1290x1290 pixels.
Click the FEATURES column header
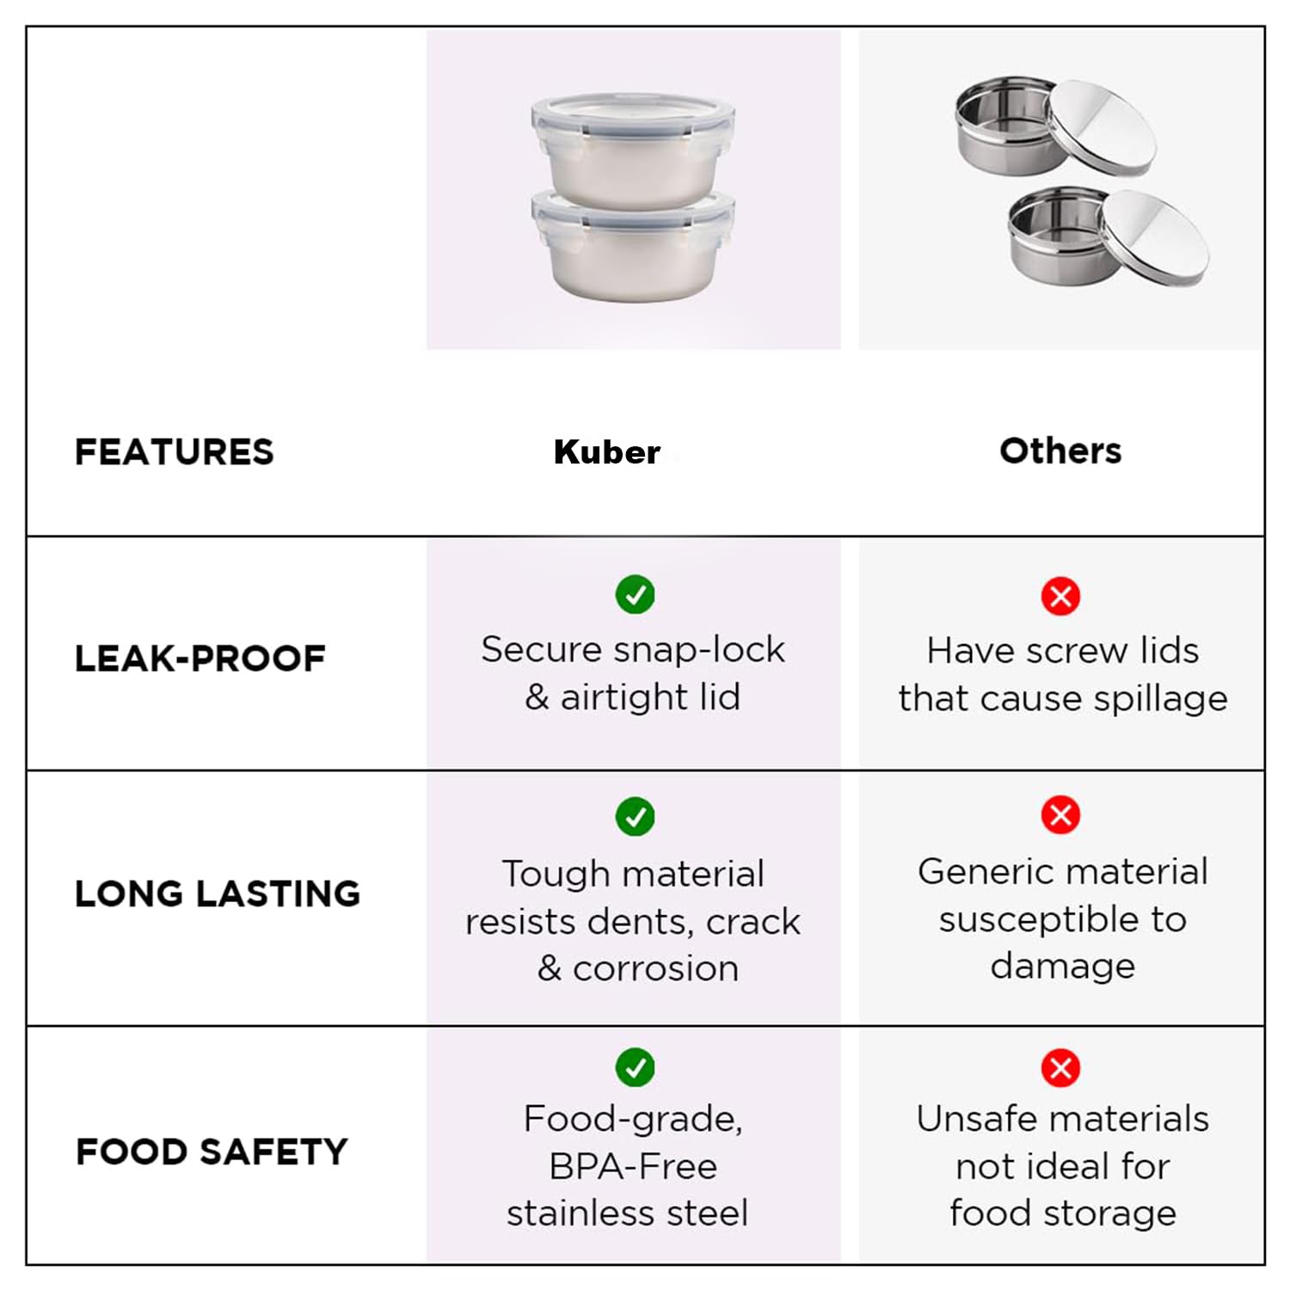[x=175, y=451]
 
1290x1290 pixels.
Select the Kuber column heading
[x=607, y=451]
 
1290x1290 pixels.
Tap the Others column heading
[x=1060, y=451]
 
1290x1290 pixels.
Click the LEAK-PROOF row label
[x=200, y=659]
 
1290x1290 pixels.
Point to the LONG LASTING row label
[x=218, y=894]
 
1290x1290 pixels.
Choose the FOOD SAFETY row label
[x=212, y=1152]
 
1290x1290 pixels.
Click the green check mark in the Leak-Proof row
[x=636, y=594]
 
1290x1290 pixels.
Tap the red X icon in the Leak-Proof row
[x=1061, y=596]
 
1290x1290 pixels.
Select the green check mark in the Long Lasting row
[x=636, y=816]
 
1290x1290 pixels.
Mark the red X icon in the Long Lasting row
[x=1061, y=814]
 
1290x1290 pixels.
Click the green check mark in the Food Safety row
[x=636, y=1067]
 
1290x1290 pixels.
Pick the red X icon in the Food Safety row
[x=1061, y=1068]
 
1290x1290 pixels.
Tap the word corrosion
[x=656, y=969]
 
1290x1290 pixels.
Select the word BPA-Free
[x=633, y=1167]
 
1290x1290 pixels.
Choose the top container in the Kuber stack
[x=633, y=149]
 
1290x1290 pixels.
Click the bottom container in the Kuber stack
[x=633, y=247]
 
